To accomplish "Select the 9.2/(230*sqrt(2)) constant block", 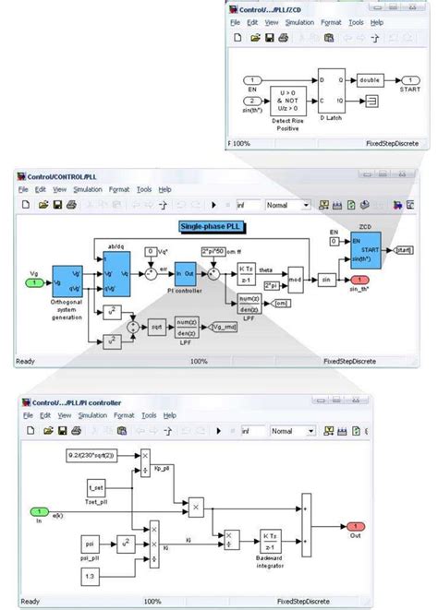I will [x=97, y=456].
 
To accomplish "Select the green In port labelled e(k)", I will [x=38, y=510].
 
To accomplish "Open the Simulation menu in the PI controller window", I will [x=92, y=415].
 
